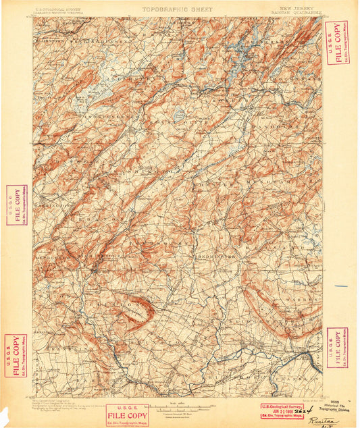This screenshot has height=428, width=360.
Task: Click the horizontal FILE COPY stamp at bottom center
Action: click(126, 414)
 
